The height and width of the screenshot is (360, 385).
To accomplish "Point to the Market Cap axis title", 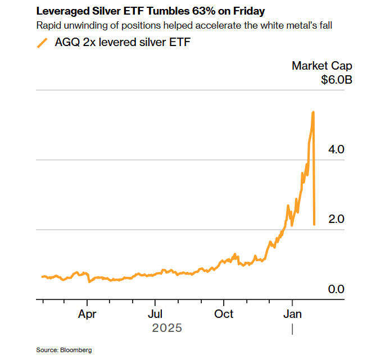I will (x=321, y=66).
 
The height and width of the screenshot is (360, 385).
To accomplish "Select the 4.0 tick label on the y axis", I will (x=336, y=149).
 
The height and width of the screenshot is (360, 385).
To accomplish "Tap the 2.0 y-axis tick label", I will (x=336, y=219).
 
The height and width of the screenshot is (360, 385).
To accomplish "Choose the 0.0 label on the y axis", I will (x=336, y=289).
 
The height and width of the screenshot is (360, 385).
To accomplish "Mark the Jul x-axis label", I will (x=156, y=313).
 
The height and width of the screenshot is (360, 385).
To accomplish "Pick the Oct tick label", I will (x=224, y=313).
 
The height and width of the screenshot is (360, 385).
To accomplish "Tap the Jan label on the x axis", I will (x=292, y=313).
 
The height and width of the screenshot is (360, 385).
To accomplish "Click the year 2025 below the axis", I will (x=167, y=327).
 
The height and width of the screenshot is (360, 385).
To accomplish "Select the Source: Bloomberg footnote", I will (x=64, y=350).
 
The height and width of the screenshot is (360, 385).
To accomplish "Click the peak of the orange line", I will (x=313, y=112).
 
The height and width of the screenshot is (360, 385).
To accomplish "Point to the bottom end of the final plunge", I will (x=314, y=224).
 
